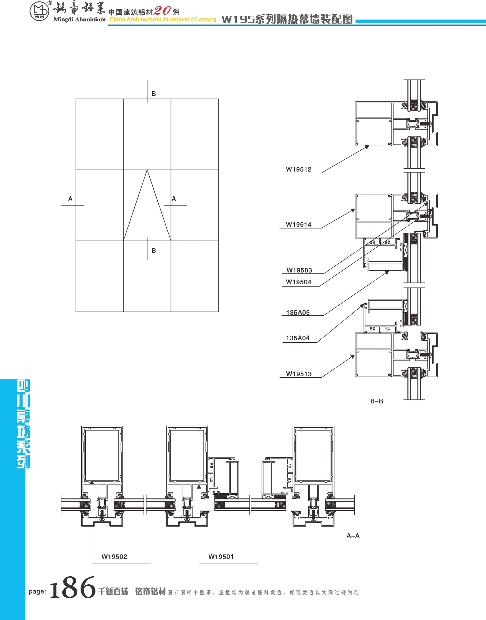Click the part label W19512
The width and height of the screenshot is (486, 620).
tap(298, 169)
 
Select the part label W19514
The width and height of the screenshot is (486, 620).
tap(298, 224)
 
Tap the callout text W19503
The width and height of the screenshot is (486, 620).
tap(299, 270)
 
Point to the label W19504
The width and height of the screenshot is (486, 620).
tap(298, 282)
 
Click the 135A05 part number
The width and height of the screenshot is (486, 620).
tap(298, 312)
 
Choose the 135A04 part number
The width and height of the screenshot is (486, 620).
tap(298, 338)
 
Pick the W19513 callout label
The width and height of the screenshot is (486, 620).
tap(299, 374)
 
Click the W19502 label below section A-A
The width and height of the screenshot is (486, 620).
tap(114, 556)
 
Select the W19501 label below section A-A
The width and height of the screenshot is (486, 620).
tap(221, 556)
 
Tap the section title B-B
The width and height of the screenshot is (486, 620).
tap(377, 401)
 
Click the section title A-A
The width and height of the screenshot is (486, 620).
tap(353, 536)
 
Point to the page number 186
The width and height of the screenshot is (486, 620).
tap(73, 587)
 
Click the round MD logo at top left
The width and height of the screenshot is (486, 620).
tap(39, 12)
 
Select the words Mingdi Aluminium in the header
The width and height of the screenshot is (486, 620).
tap(80, 20)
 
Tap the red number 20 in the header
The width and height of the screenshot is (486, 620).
tap(162, 11)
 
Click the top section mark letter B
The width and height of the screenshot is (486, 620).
tap(154, 94)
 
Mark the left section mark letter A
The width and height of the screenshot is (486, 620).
tap(70, 199)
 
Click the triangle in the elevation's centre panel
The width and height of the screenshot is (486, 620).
tap(147, 205)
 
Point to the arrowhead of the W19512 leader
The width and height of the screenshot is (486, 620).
tap(367, 147)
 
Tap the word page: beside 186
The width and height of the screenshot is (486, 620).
tap(37, 591)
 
